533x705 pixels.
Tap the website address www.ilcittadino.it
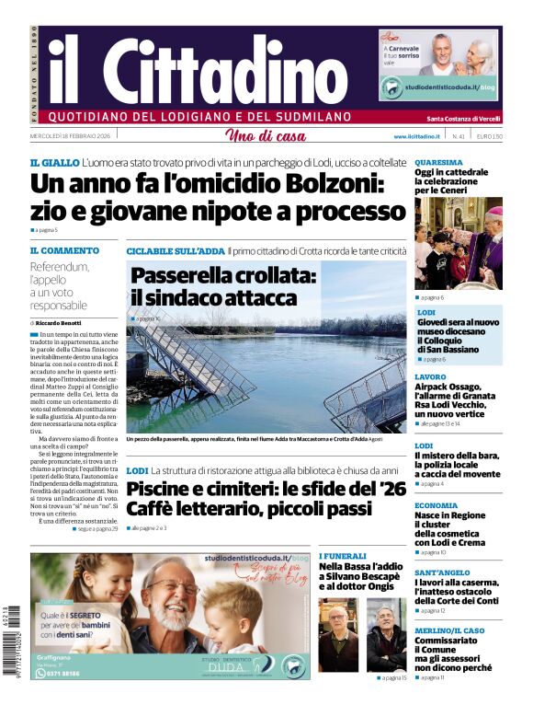tap(419, 136)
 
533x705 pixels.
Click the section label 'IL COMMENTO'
tap(64, 249)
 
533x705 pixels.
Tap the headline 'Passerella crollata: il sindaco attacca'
tap(213, 286)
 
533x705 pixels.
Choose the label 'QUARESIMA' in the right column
tap(437, 161)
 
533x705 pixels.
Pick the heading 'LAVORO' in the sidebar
tap(430, 377)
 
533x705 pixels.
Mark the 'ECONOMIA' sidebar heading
tap(436, 505)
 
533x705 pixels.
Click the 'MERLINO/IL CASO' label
tap(449, 630)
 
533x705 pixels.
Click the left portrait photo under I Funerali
tap(338, 634)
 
